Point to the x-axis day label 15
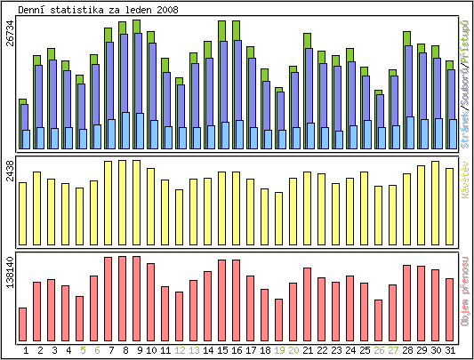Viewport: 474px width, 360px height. [x=222, y=350]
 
